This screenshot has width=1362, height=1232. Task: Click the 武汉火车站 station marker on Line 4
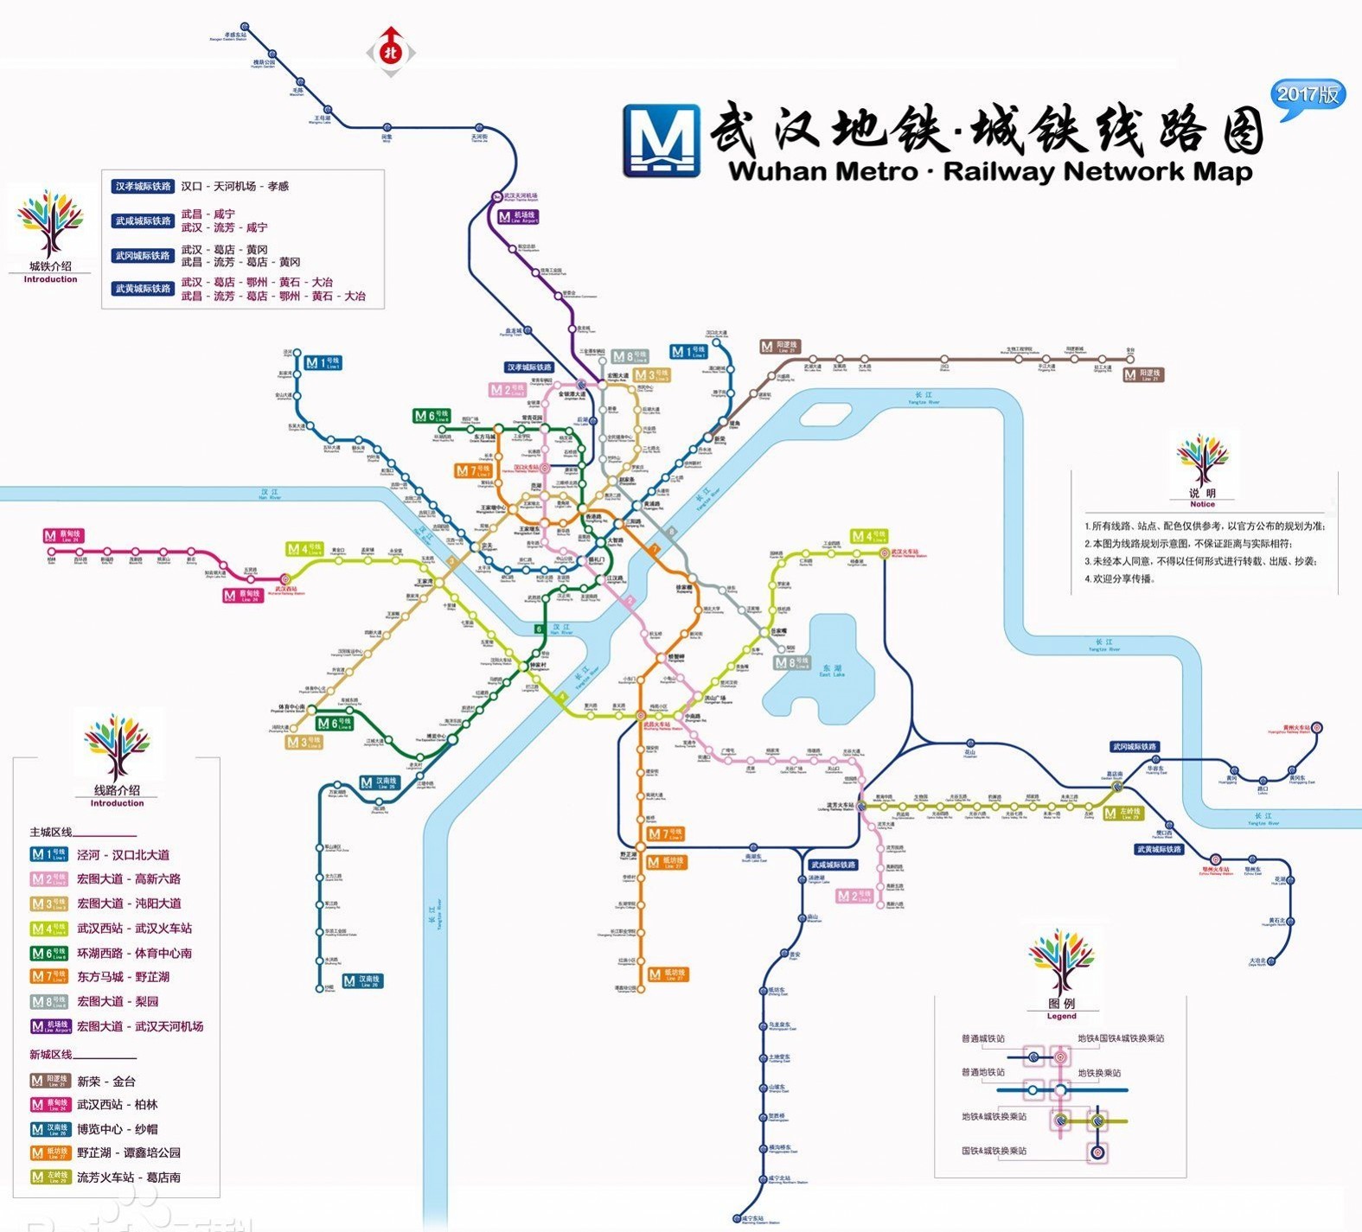point(884,552)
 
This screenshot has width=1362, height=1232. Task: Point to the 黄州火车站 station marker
point(1317,727)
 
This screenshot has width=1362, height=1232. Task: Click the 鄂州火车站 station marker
point(1215,859)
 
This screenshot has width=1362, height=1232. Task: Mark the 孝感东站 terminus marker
point(245,28)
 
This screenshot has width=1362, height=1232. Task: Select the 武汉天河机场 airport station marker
point(497,197)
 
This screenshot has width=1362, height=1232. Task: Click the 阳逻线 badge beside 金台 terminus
point(1142,374)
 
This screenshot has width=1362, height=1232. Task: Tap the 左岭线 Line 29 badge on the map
point(1122,813)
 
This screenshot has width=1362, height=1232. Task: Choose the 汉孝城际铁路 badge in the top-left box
point(144,186)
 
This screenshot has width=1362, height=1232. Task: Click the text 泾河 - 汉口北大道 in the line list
point(123,855)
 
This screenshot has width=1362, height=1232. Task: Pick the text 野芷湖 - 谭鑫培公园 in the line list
point(129,1152)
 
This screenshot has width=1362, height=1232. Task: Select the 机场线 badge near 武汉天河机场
point(517,217)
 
